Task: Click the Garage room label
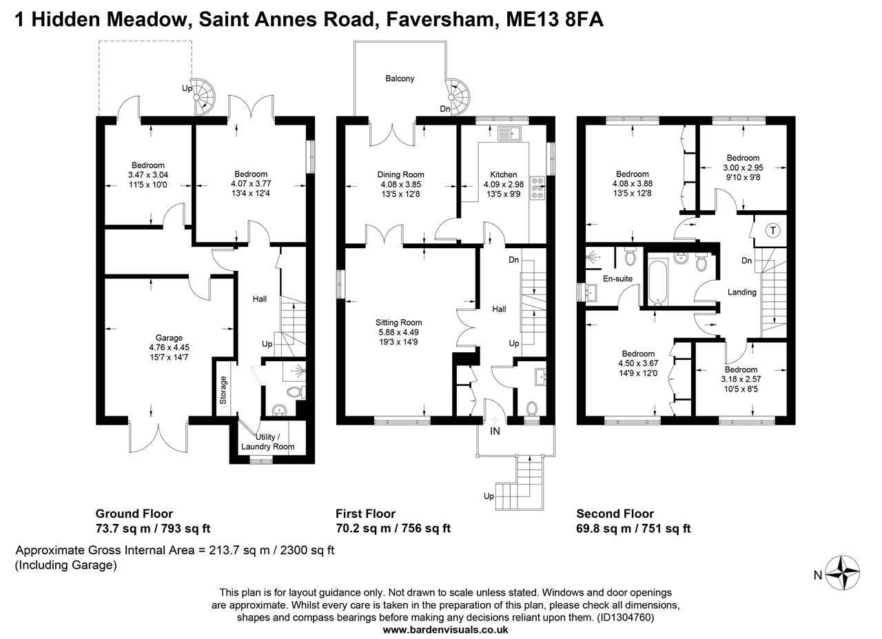(x=169, y=338)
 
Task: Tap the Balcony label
(x=400, y=79)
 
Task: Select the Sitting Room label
(x=398, y=323)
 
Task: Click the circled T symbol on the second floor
(x=773, y=230)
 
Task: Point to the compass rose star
(x=842, y=573)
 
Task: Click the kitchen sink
(x=509, y=134)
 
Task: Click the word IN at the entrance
(x=495, y=432)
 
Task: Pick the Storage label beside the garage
(x=223, y=390)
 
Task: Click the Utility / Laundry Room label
(x=268, y=442)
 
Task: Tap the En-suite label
(x=618, y=278)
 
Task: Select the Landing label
(x=742, y=292)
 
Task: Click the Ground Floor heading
(x=134, y=514)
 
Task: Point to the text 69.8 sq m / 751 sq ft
(x=633, y=528)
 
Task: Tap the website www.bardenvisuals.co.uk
(x=445, y=629)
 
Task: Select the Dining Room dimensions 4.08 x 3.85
(x=401, y=184)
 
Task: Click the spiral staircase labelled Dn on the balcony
(x=458, y=97)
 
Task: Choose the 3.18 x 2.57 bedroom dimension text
(x=741, y=379)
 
